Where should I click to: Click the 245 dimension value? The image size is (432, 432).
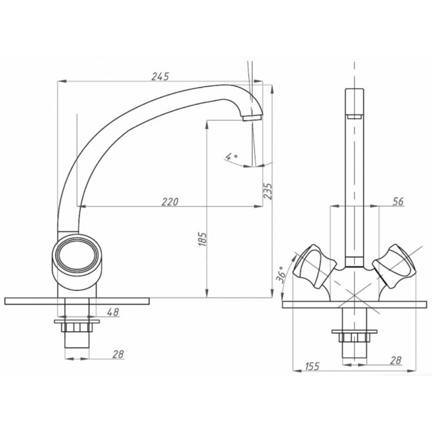coord(160,76)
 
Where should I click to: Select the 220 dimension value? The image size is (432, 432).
coord(170,202)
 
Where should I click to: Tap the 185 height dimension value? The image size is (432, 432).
coord(202,239)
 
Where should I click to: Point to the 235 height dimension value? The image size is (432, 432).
coord(268,191)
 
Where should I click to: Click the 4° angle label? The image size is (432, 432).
coord(231,157)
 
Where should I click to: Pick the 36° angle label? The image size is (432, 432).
coord(281,275)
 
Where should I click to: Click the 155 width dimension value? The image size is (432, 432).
coord(312,366)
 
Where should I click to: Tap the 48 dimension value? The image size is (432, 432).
coord(113,312)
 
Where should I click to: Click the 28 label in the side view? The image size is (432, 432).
coord(118,354)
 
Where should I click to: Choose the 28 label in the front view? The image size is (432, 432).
coord(396,360)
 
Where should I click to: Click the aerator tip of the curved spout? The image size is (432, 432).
coord(252,118)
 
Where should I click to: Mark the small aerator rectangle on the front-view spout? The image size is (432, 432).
coord(355,117)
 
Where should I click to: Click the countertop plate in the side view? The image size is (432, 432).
coord(77,301)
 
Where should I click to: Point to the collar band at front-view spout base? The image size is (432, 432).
coord(355,262)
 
